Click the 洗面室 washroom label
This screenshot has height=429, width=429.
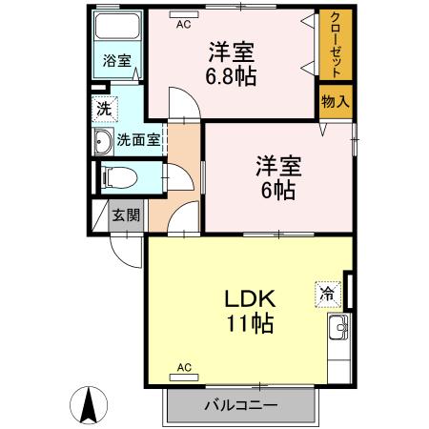(137, 143)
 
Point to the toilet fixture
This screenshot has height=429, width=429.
(116, 177)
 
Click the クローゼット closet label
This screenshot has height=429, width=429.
(335, 45)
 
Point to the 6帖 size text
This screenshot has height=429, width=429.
(277, 189)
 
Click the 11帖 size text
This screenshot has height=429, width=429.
(250, 324)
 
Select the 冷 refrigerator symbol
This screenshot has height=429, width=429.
(327, 295)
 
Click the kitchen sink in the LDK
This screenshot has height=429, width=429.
(339, 334)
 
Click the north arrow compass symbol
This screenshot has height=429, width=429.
(91, 405)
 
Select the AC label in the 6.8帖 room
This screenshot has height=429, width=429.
(183, 26)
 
